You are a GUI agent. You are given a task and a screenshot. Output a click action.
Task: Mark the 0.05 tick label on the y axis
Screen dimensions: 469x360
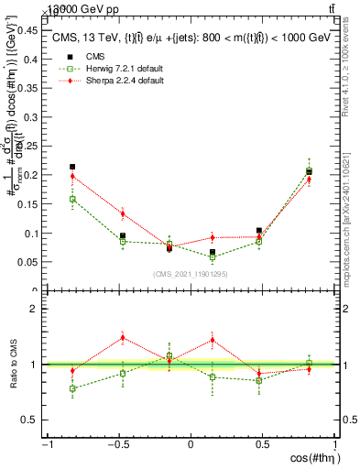point(26,262)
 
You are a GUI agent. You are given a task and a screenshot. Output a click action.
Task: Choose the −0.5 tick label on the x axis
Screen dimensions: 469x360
point(117,445)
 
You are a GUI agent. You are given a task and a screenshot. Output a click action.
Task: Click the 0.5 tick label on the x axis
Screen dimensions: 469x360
point(262,445)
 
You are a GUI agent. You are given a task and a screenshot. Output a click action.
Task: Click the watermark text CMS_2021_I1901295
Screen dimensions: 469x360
point(191,275)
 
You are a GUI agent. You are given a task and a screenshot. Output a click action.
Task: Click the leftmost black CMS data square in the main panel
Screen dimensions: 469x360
point(72,167)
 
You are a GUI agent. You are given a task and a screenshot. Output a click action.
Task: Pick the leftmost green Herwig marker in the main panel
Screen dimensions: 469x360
point(72,199)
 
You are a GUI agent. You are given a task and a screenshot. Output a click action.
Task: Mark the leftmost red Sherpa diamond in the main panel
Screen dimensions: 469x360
point(72,176)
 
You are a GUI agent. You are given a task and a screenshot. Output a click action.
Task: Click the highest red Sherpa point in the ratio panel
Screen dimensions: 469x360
point(123,337)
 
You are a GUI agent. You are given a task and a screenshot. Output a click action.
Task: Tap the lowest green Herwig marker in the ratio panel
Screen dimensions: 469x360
point(72,388)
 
